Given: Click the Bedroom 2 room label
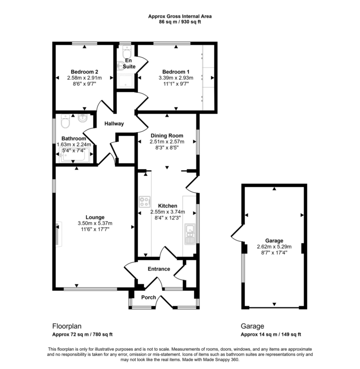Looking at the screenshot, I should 82,71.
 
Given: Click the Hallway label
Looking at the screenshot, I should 114,124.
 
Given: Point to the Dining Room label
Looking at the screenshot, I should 166,136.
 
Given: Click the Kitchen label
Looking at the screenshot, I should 167,206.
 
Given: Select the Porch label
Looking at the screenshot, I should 149,297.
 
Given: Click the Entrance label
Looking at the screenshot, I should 158,269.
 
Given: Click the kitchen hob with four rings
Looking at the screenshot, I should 144,203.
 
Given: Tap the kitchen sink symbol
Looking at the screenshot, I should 190,234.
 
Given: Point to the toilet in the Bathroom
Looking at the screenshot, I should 65,121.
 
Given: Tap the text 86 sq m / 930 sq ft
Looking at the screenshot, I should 180,22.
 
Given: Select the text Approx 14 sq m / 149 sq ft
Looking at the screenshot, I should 270,334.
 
